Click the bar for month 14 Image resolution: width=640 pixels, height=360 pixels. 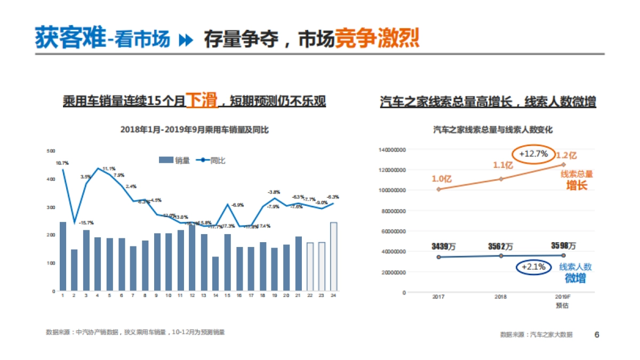215,274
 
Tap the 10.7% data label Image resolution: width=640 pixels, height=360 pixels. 62,163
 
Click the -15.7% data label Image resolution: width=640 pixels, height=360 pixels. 86,223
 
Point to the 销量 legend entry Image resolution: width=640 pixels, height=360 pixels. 175,160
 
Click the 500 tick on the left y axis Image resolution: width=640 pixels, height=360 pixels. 51,151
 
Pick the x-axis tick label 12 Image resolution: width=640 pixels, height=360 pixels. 191,295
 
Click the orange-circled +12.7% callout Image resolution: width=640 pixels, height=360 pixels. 534,154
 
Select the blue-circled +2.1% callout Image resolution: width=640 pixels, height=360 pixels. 533,267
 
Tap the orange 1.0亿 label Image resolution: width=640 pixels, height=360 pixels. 442,179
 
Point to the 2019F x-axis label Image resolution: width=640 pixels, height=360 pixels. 563,297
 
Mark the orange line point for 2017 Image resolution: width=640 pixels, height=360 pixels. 438,189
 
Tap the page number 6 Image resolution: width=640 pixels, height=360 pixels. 597,334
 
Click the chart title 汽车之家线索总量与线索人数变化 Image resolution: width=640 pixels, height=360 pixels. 492,130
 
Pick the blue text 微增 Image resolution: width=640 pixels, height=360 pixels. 575,278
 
